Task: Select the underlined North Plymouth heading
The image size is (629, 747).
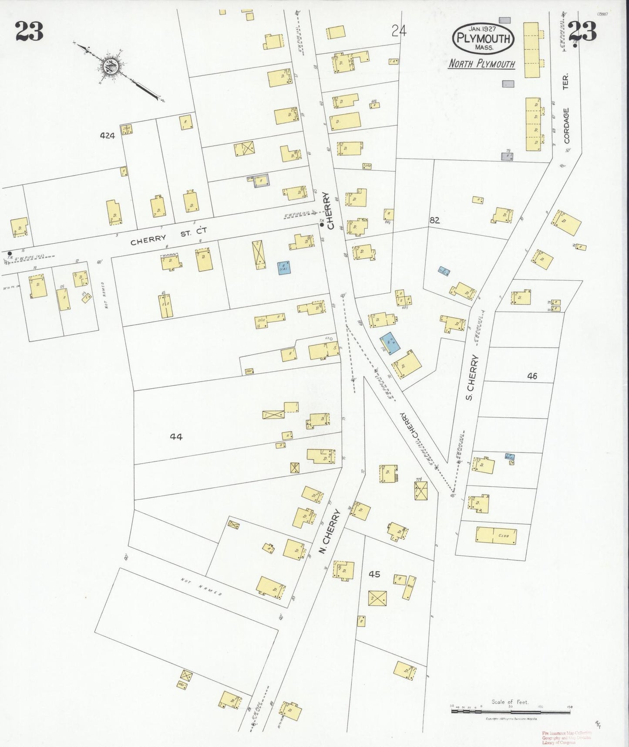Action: click(x=481, y=64)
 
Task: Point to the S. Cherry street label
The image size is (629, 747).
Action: click(x=472, y=378)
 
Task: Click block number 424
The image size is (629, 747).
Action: click(x=107, y=136)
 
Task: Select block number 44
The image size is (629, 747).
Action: click(x=176, y=436)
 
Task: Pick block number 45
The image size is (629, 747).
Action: click(x=374, y=574)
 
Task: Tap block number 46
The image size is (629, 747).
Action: click(x=532, y=376)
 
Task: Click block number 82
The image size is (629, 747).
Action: click(x=434, y=221)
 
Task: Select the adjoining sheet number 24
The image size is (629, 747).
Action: click(x=399, y=31)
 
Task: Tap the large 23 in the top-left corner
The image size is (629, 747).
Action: click(x=30, y=31)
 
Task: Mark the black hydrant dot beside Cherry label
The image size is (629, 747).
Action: click(x=322, y=225)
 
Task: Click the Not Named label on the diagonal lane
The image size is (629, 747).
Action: click(x=202, y=587)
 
